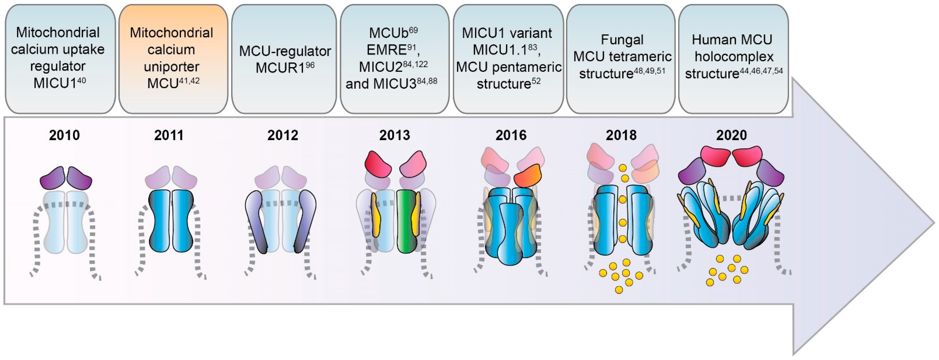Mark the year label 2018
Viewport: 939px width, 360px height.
coord(621,135)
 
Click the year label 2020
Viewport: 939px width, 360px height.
coord(731,135)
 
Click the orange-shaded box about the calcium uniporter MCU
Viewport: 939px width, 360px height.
coord(173,58)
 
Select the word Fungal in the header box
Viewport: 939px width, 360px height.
coord(622,39)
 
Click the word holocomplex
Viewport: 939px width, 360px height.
coord(734,56)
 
